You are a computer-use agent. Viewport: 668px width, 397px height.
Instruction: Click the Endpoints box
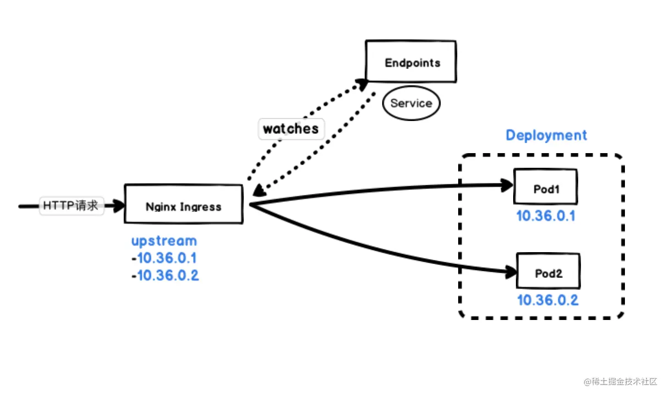click(411, 62)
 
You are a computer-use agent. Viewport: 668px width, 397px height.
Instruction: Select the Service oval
click(411, 103)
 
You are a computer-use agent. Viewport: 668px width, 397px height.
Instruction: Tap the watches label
click(291, 129)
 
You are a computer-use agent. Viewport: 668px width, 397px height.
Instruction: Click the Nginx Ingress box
click(184, 204)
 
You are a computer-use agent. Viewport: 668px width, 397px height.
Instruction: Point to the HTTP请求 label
click(71, 205)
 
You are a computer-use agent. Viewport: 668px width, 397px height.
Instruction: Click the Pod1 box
click(545, 187)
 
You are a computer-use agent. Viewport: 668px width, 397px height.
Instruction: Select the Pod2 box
click(548, 271)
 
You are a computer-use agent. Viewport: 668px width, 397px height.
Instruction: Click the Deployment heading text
click(546, 135)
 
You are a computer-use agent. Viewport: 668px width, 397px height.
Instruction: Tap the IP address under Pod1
click(545, 216)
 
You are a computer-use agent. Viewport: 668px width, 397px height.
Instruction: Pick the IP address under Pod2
click(548, 300)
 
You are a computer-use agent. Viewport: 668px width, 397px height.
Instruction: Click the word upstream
click(164, 241)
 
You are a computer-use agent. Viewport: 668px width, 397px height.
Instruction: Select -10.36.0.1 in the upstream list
click(164, 258)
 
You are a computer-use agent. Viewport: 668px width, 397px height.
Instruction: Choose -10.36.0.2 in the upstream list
click(165, 276)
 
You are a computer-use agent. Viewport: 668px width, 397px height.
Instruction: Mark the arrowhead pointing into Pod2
click(510, 272)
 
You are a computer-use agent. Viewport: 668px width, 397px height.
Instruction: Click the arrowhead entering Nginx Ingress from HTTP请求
click(119, 206)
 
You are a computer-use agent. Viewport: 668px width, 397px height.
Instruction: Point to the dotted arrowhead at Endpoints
click(362, 84)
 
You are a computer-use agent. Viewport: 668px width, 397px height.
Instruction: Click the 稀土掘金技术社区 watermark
click(620, 381)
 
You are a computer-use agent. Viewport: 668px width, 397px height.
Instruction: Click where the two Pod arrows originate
click(251, 204)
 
